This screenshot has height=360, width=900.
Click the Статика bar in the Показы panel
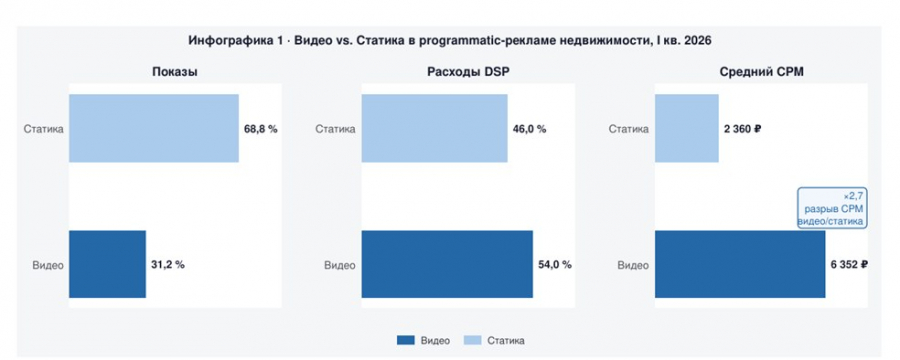coord(154,128)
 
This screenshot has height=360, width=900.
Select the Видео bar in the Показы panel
coord(107,264)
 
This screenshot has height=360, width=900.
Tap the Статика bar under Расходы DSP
coord(435,128)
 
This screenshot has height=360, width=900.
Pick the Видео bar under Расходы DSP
coord(447,264)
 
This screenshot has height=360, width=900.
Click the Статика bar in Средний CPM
coord(686,128)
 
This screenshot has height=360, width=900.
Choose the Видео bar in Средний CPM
coord(740,264)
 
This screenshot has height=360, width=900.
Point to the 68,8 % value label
coord(261,129)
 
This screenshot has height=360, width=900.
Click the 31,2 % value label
coord(168,265)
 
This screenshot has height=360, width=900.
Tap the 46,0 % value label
coord(529,129)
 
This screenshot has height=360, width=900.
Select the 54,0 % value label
coord(554,265)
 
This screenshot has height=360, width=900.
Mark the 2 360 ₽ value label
coord(742,129)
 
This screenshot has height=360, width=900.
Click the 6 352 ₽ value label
coord(849,265)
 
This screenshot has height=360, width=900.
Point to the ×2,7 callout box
coord(831,208)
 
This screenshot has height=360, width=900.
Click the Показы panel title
coord(176,72)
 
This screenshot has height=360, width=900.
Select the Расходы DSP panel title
coord(468,72)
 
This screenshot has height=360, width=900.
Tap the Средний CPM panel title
coord(761,72)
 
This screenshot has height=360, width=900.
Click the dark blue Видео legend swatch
coord(405,340)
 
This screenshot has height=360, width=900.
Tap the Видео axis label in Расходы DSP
coord(340,265)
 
